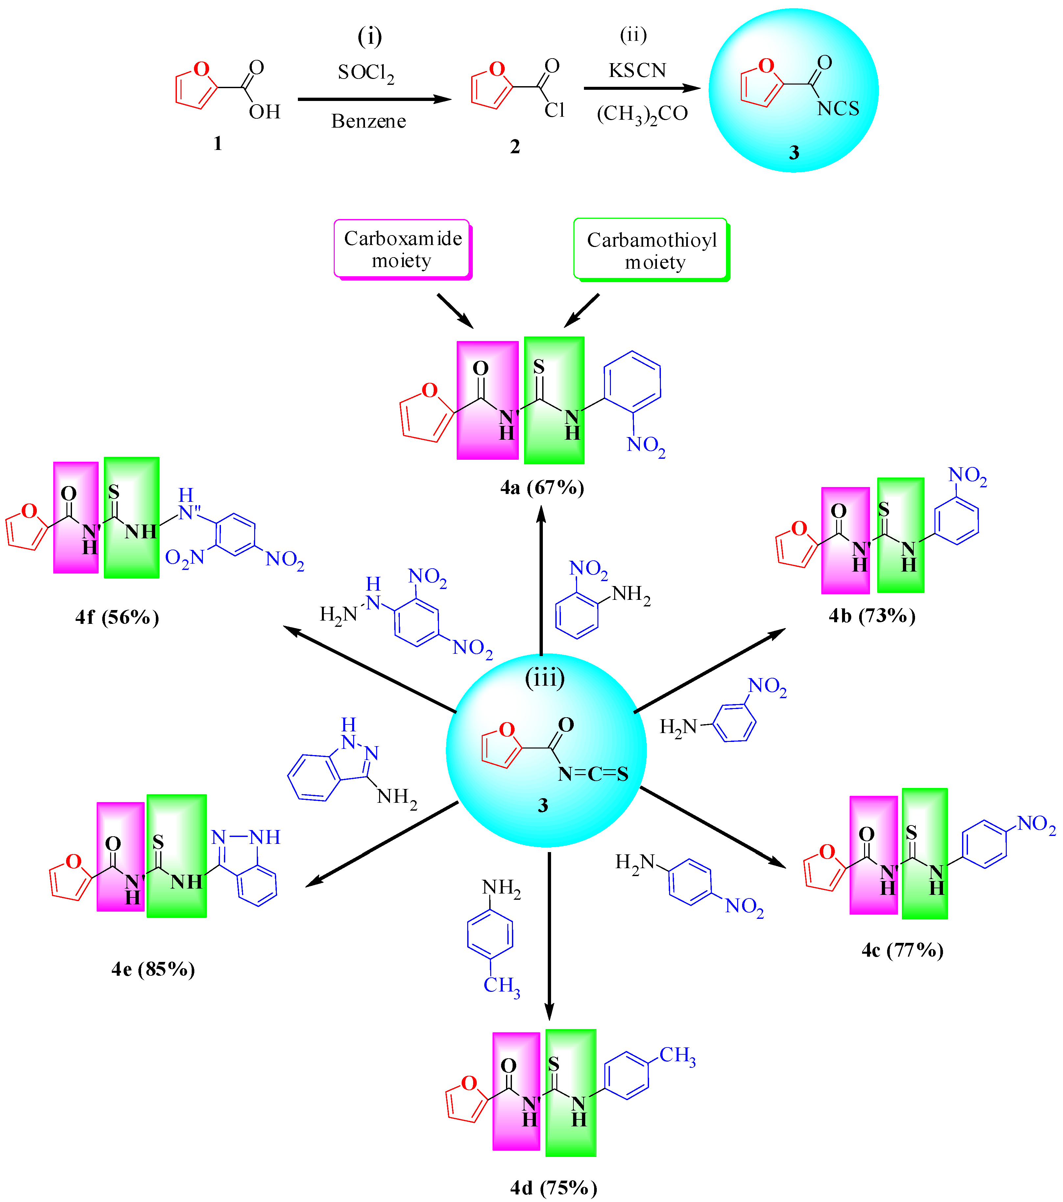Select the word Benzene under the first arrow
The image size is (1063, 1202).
[369, 121]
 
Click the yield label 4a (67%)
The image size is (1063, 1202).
[542, 487]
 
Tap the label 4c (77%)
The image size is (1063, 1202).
[903, 950]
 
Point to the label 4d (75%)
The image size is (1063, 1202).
[553, 1188]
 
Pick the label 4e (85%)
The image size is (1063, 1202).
[153, 969]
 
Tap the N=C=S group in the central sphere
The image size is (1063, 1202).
[592, 774]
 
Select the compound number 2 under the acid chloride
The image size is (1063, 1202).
[515, 147]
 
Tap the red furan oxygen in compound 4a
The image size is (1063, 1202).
[430, 390]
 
